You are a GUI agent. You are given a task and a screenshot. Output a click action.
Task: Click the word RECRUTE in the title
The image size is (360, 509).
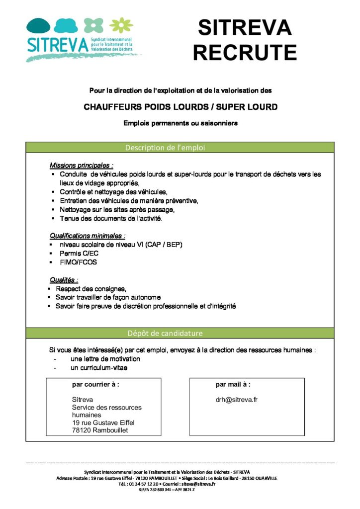(x=245, y=52)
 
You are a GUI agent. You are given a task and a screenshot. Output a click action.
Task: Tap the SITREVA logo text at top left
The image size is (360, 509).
(x=57, y=44)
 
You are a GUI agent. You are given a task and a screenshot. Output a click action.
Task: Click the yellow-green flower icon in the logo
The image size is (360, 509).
(x=118, y=25)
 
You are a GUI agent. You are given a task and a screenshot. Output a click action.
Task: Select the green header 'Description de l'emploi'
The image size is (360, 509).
(x=165, y=148)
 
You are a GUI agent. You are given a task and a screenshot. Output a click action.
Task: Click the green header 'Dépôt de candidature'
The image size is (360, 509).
(x=165, y=333)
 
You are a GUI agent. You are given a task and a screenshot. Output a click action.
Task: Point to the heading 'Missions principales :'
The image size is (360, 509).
(x=82, y=166)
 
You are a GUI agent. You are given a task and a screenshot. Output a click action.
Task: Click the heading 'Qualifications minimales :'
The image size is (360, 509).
(x=88, y=236)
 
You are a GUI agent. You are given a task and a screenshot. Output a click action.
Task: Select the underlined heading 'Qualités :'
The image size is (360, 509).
(x=64, y=280)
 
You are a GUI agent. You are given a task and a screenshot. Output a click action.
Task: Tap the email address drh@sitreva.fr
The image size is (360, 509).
(x=236, y=399)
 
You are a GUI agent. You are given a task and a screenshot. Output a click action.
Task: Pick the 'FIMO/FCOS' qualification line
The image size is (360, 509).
(x=79, y=262)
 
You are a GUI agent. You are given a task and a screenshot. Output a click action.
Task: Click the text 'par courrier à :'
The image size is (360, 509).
(x=95, y=384)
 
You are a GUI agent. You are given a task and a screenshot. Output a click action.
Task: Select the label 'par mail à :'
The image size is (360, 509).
(x=233, y=384)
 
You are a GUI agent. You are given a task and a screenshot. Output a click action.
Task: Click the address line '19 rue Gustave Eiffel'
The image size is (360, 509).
(x=103, y=423)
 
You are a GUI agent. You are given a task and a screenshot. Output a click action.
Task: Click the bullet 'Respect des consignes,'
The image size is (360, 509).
(x=91, y=289)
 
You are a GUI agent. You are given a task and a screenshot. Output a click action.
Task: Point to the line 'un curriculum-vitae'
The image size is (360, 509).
(x=99, y=368)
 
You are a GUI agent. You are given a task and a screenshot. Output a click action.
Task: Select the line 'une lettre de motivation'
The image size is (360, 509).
(x=105, y=359)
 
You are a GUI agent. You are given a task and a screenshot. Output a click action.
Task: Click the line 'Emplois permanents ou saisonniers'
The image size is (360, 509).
(x=180, y=123)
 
